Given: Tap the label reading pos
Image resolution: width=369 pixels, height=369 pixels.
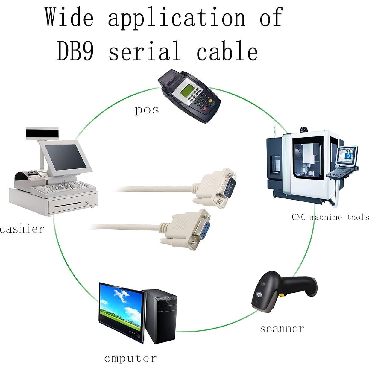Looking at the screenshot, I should pos(147,110).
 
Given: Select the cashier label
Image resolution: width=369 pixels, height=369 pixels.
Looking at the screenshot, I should pos(22,229).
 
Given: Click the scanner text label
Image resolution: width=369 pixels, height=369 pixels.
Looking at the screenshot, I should pos(282,328).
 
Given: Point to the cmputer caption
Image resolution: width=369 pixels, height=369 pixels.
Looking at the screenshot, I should pos(130,358).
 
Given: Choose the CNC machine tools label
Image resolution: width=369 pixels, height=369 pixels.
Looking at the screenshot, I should pos(330,217).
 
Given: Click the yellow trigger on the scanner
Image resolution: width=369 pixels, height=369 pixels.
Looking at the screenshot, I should pos(282,295).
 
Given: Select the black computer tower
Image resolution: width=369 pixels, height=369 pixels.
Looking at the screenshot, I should pos(160,316).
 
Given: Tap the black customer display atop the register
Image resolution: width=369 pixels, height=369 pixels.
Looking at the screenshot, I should pos(42,133).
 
